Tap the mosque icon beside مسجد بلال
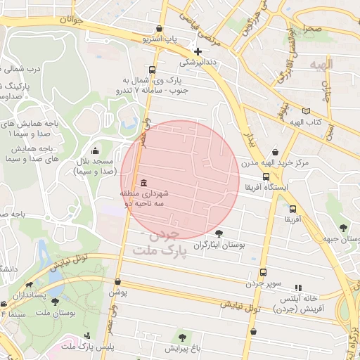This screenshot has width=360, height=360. [96, 150]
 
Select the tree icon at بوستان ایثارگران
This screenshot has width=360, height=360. [219, 233]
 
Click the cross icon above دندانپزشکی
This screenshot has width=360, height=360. [198, 51]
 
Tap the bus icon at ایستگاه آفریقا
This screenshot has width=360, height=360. [265, 177]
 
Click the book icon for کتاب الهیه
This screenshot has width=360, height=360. [305, 111]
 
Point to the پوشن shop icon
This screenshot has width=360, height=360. [117, 281]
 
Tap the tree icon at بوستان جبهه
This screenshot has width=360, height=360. [342, 228]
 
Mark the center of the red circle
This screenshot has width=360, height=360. [181, 180]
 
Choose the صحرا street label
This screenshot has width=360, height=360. [313, 28]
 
